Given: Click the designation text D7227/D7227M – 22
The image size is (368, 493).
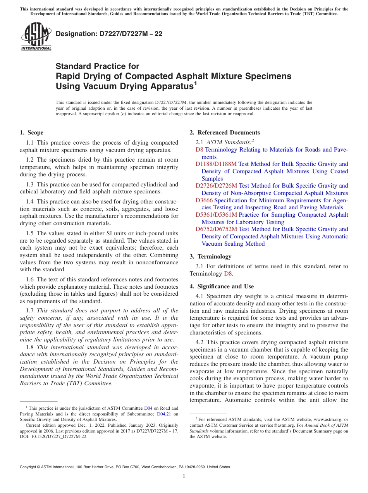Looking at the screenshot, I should tap(109, 34).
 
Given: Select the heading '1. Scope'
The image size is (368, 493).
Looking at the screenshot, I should tap(31, 133).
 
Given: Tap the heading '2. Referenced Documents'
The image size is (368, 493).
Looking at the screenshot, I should tap(225, 133).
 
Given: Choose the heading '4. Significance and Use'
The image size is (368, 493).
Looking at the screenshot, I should tap(222, 286).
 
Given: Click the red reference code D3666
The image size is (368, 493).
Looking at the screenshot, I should tap(204, 200).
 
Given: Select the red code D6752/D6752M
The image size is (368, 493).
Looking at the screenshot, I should tap(216, 229).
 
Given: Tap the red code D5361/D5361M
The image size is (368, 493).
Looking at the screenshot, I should tap(216, 215).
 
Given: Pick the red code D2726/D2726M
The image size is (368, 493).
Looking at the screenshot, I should tap(216, 186).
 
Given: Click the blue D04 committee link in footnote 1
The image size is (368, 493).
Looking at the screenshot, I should tap(148, 408).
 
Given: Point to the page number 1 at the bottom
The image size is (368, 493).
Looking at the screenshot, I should tap(184, 476).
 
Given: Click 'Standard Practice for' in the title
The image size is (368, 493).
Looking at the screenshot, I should tap(97, 66).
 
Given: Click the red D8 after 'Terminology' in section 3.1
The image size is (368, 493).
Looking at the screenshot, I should tap(228, 274).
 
